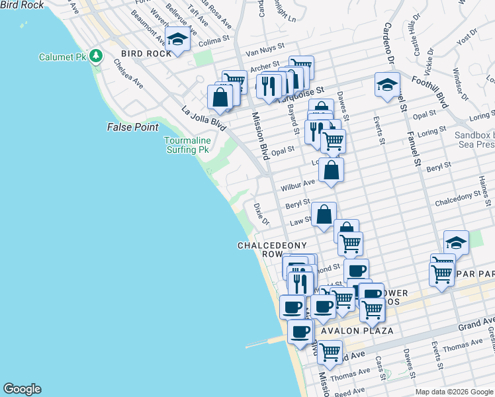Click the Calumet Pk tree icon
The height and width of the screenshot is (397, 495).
(x=97, y=56)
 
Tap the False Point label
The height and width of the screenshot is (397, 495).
(x=132, y=126)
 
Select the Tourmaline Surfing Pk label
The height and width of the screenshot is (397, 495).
(x=187, y=145)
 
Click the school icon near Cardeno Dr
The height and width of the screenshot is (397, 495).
(x=387, y=84)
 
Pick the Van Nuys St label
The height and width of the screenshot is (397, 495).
(x=264, y=48)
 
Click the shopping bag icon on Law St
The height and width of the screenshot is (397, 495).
(x=323, y=214)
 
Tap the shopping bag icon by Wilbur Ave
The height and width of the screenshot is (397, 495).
(x=331, y=170)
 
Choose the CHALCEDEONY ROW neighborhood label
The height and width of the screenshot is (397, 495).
(x=272, y=249)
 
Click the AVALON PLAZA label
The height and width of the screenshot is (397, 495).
(x=357, y=330)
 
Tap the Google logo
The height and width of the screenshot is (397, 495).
(x=22, y=389)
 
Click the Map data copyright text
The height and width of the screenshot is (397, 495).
(x=454, y=391)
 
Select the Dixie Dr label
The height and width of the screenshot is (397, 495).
(x=261, y=213)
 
